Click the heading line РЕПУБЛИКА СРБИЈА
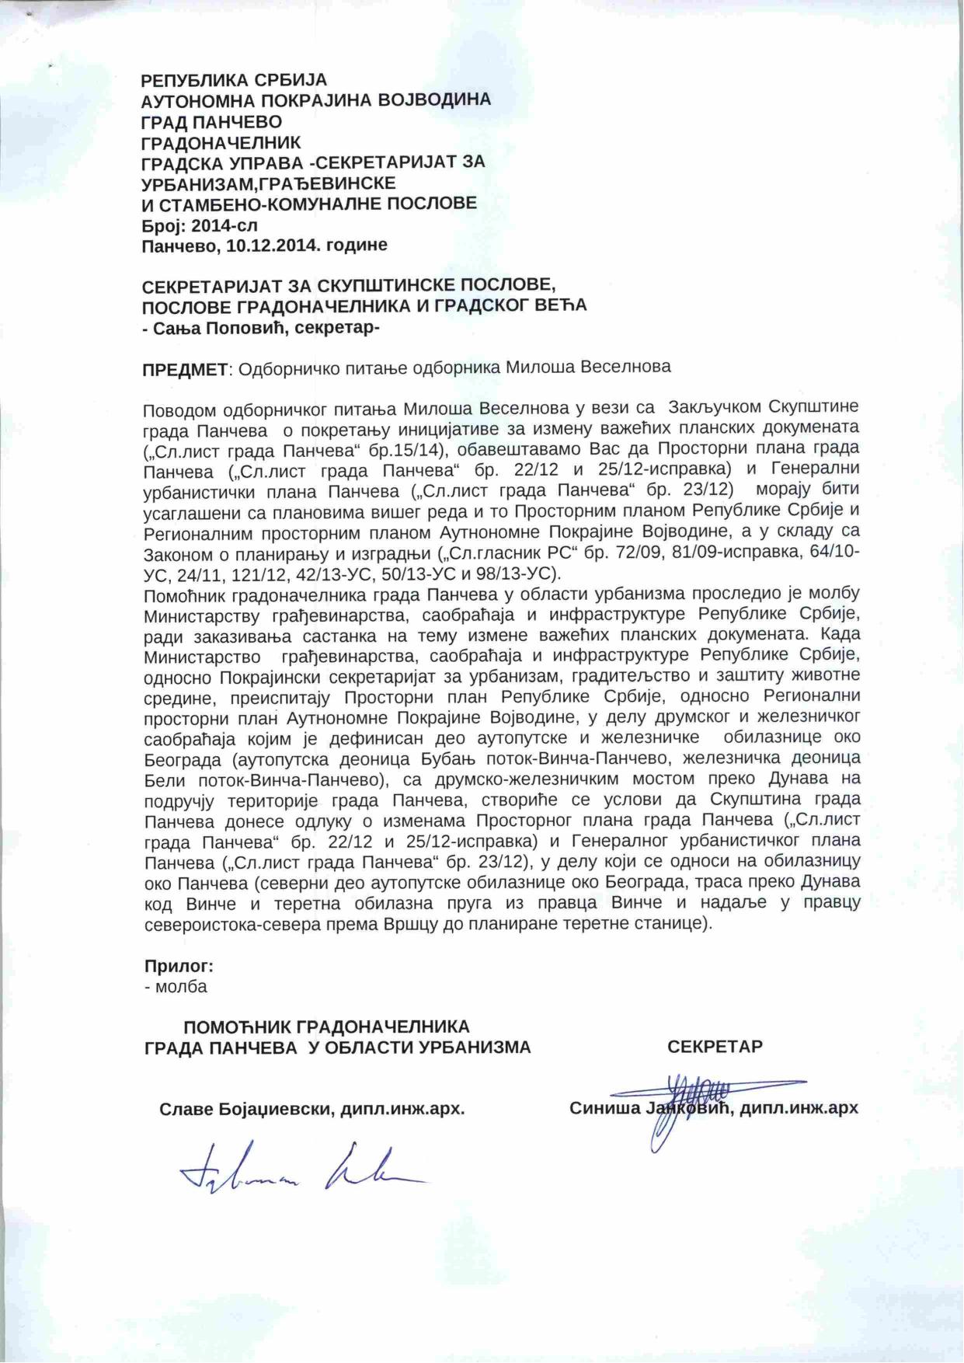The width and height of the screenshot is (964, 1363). point(234,80)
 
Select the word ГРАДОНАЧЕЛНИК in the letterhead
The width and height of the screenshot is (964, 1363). point(221,142)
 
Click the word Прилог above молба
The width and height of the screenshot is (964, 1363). point(179,967)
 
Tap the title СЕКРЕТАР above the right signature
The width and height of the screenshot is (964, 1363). point(714,1046)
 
